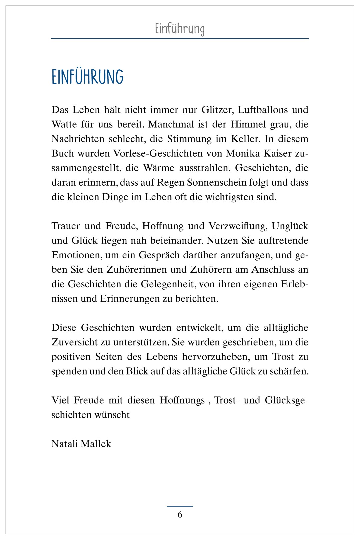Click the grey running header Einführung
180,29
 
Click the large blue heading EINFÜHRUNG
88,77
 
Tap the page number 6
180,514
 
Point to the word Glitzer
217,110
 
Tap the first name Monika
241,153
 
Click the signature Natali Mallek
81,444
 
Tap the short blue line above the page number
180,506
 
